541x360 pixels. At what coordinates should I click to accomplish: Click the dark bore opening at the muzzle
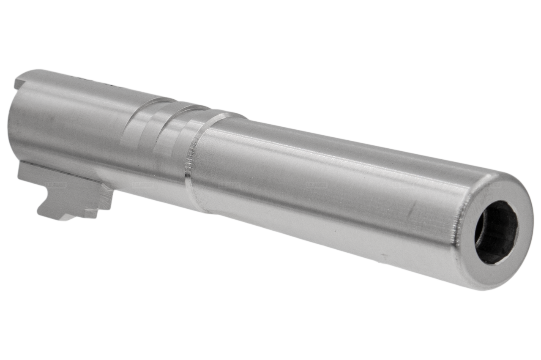click(495, 232)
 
